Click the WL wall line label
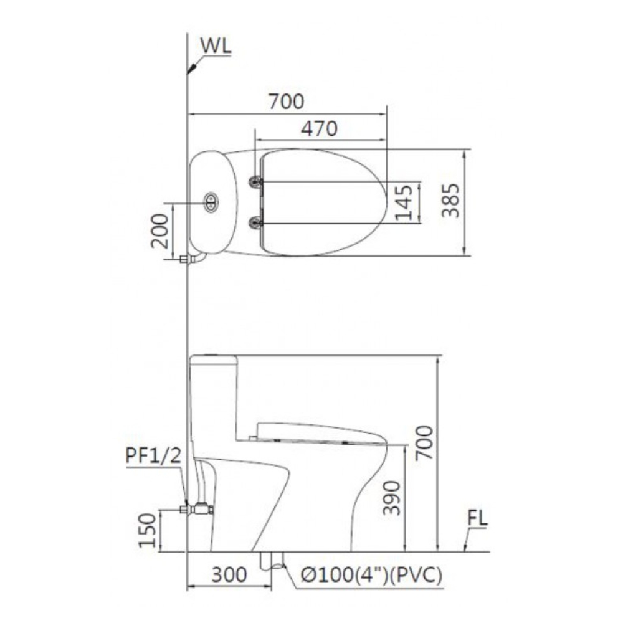click(215, 46)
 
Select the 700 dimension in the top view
click(286, 100)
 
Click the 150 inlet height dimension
click(147, 530)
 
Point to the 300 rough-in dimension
click(229, 574)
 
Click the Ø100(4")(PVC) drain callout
click(371, 575)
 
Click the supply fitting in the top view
click(185, 259)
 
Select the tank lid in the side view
click(212, 359)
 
